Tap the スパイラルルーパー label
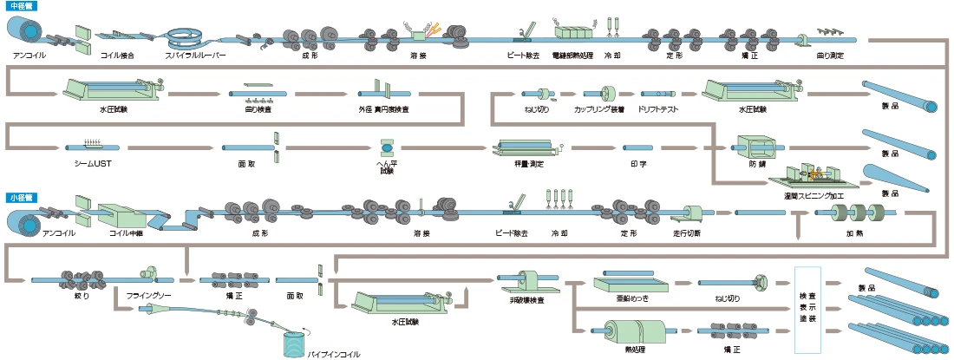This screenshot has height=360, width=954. [195, 55]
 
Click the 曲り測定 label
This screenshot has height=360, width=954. [830, 55]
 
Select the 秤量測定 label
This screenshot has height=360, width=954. [530, 162]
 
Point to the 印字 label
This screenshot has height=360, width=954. [638, 162]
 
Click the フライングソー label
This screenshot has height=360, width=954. [144, 296]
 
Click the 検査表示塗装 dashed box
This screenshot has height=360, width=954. [807, 308]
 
